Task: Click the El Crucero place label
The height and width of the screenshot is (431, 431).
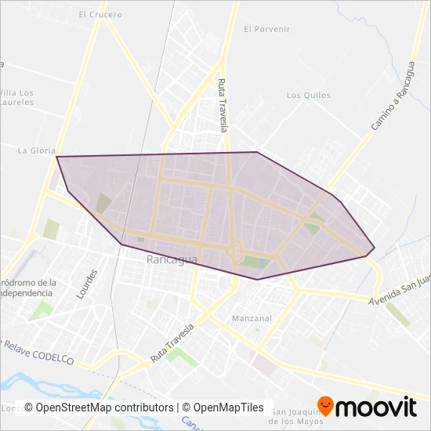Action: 100,14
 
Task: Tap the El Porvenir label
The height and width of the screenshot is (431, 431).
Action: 266,29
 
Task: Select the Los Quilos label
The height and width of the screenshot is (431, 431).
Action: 308,96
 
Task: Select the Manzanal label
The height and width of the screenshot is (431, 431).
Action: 252,318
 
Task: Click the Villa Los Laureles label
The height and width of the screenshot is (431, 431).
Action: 16,96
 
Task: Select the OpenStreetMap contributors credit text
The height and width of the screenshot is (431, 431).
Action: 99,407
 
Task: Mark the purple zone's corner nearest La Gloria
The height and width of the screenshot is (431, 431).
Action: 56,157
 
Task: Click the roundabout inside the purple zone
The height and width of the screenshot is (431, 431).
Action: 235,252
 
